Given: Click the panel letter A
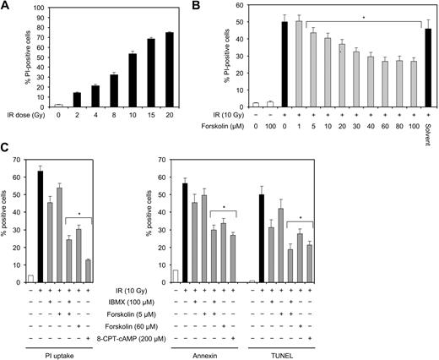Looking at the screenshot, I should [6, 6].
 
